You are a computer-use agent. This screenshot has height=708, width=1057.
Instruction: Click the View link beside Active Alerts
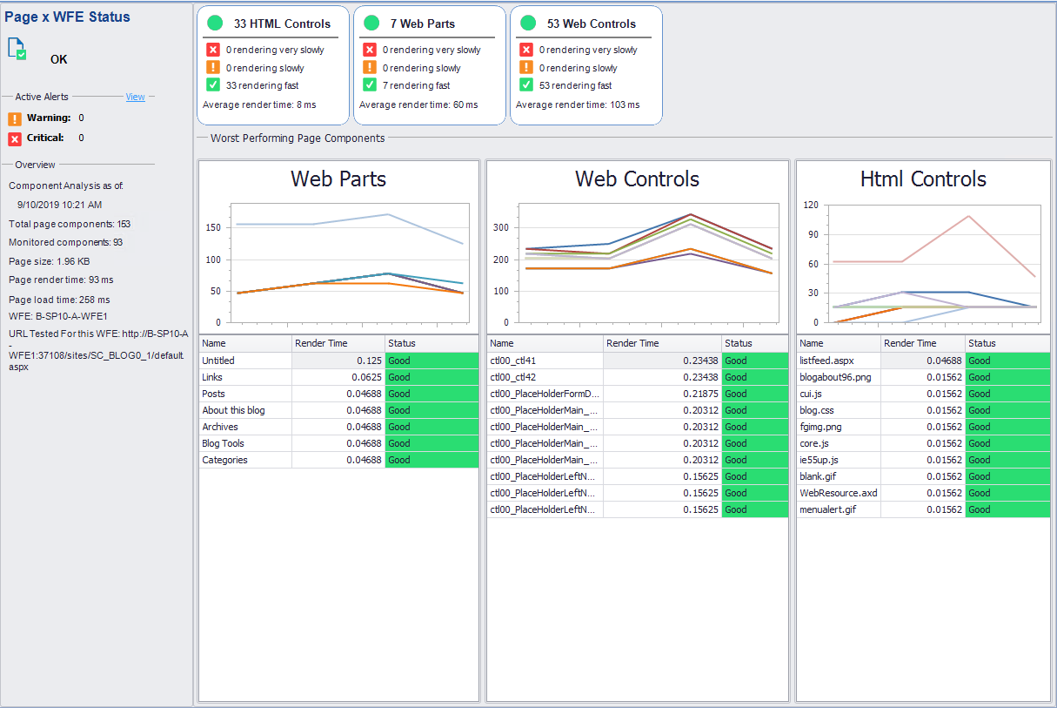pos(135,97)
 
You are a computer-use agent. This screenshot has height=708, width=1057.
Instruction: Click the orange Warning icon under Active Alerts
pos(15,118)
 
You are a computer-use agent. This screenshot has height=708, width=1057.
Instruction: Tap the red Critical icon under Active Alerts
pos(15,138)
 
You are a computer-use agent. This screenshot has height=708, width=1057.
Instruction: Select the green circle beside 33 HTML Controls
pos(215,24)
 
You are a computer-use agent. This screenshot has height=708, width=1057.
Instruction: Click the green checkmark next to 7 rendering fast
pos(369,85)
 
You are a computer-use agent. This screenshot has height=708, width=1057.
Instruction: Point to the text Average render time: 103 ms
pos(577,105)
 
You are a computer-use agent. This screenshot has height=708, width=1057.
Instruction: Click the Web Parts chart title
pos(338,179)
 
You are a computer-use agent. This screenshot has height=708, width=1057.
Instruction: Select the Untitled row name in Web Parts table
pos(218,361)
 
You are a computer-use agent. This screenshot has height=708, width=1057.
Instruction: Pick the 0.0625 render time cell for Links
pos(338,377)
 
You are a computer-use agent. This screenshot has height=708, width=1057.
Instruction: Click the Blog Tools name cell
pos(223,443)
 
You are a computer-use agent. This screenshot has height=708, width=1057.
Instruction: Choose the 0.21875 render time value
pos(663,394)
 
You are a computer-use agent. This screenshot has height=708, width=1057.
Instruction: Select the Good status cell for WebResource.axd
pos(1007,493)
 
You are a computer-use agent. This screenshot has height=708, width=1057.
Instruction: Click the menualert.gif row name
pos(827,509)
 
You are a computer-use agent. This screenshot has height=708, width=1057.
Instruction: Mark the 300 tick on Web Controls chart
pos(502,227)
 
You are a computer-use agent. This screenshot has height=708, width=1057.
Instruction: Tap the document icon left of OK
pos(17,49)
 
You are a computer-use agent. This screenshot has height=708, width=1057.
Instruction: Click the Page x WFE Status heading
pos(67,17)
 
